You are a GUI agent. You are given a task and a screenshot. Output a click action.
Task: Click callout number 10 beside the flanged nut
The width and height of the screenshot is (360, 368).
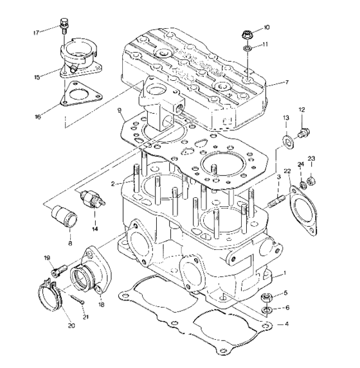click(266, 27)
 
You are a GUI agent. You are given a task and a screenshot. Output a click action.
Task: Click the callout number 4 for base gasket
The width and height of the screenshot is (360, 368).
click(286, 324)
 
